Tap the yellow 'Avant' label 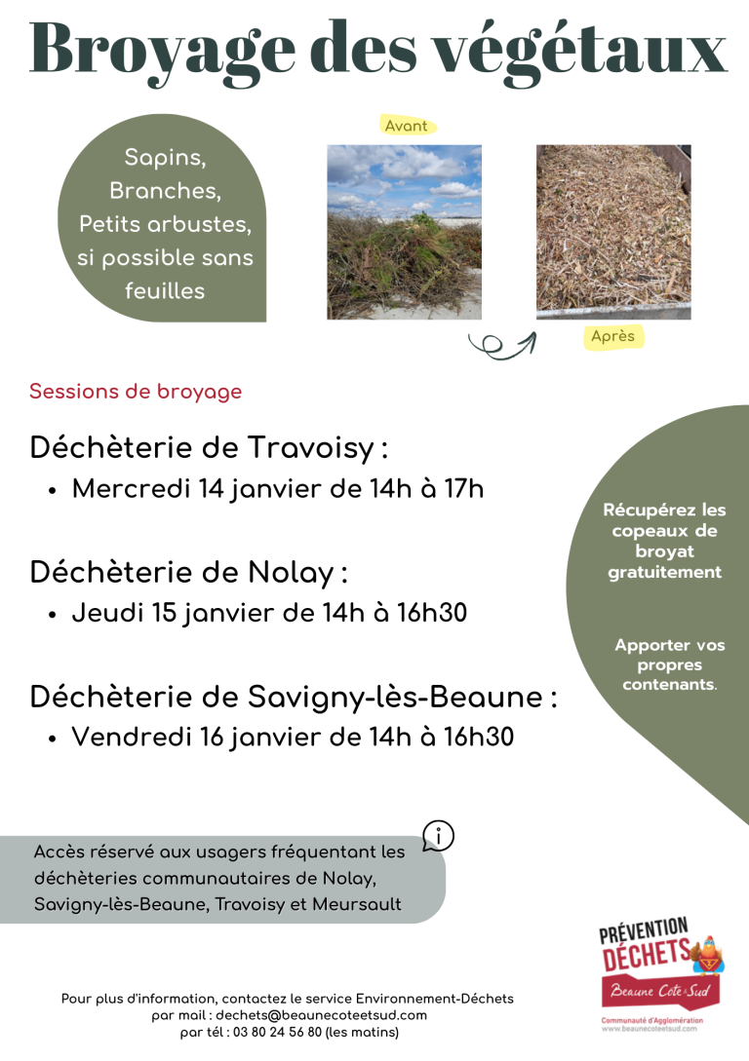point(407,126)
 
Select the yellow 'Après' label point(612,336)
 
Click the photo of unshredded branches point(404,232)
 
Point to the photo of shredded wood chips point(613,232)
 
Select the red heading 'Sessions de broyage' point(136,392)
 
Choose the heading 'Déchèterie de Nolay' point(188,573)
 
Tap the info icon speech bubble point(439,836)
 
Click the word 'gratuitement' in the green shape point(665,572)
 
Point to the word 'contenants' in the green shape point(668,685)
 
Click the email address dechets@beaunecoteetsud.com point(321,1014)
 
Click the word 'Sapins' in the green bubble point(165,157)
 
